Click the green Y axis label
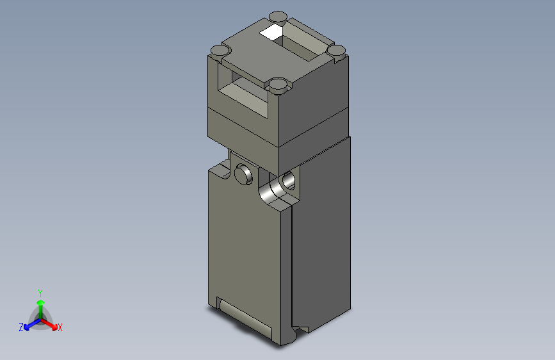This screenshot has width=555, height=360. [x=40, y=291]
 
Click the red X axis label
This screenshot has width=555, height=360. [x=60, y=327]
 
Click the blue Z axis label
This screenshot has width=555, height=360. [x=21, y=327]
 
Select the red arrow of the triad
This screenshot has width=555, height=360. [x=51, y=323]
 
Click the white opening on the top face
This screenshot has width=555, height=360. [x=271, y=31]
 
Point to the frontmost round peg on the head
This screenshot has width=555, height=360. [x=277, y=84]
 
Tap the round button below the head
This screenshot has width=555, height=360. [x=244, y=173]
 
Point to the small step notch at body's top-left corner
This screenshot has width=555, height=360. [x=219, y=170]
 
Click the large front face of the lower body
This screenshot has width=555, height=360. [x=246, y=250]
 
